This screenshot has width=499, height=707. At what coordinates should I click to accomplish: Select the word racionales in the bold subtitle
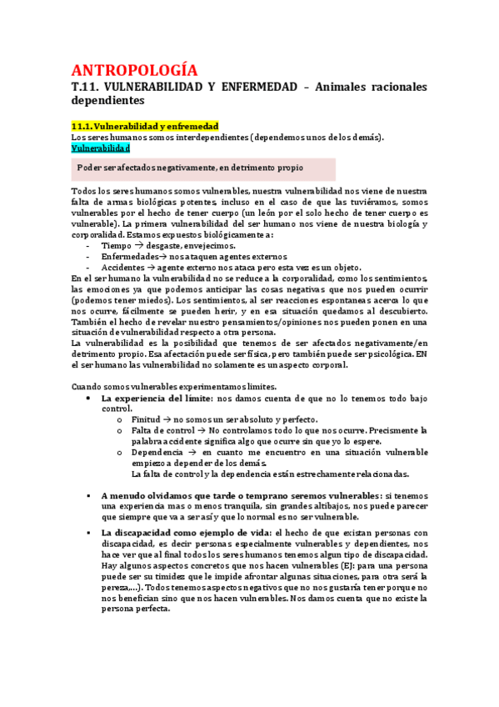pos(394,87)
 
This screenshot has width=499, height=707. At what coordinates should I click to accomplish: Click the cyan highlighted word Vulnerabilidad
pos(101,148)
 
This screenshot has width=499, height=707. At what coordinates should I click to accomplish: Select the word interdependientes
pos(181,137)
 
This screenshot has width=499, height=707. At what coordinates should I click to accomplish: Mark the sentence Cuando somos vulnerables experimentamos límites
pos(180,386)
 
